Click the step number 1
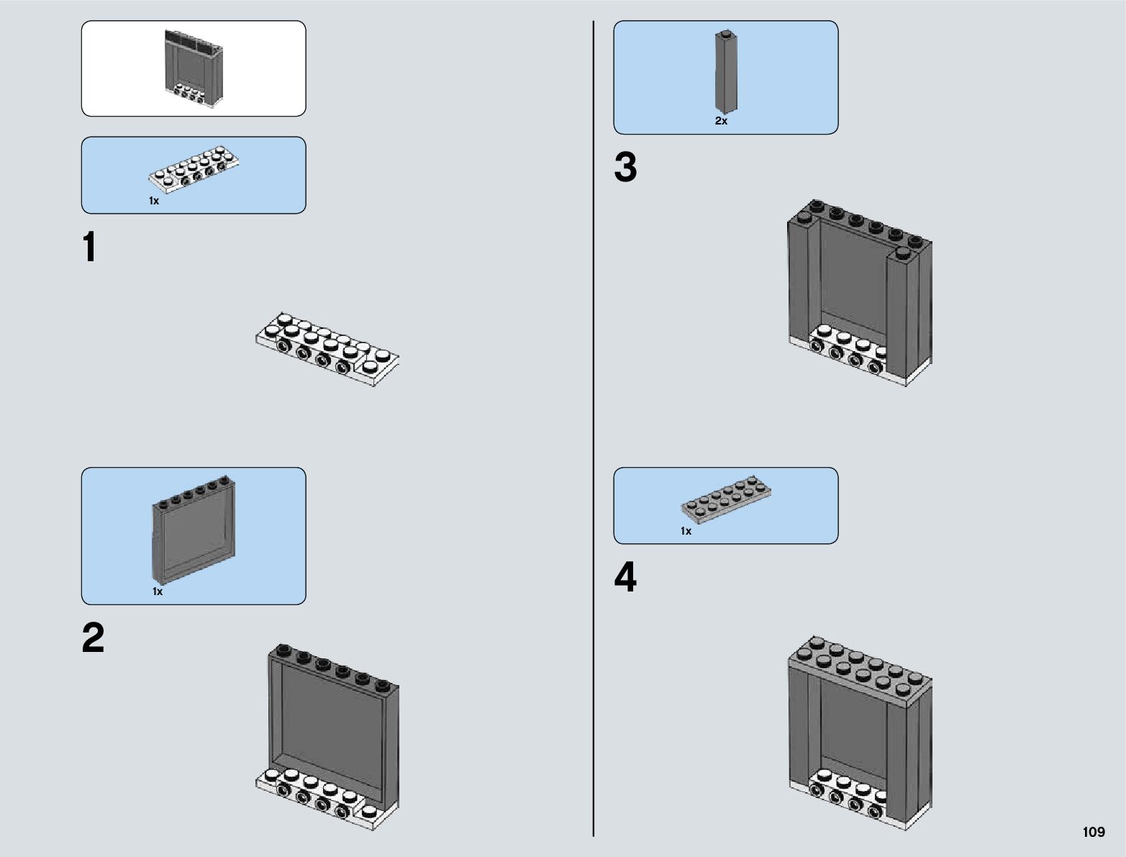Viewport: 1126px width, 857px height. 89,248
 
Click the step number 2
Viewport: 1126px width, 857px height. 93,638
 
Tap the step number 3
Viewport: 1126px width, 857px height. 625,168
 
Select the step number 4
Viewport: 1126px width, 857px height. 625,578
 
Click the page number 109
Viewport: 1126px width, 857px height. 1093,833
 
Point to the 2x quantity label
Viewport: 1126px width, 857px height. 721,121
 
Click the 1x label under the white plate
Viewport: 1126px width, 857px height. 154,201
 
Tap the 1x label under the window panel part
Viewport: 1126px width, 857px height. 158,591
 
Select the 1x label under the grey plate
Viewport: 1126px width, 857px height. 686,531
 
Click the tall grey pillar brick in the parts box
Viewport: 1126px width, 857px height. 725,72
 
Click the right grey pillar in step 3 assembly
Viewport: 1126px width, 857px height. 910,309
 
